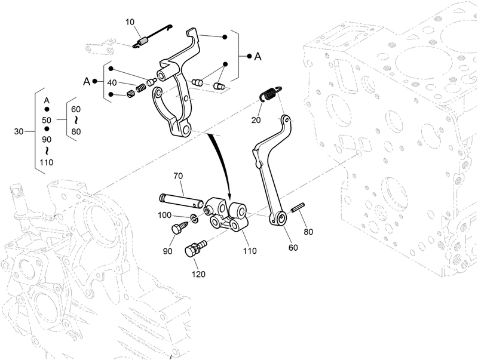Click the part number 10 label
(130, 22)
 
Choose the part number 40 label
(112, 83)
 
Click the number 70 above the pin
(178, 176)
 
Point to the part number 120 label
(198, 274)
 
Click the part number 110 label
(249, 251)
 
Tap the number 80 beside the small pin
(308, 231)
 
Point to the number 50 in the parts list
(47, 121)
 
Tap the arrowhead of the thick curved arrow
(227, 200)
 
